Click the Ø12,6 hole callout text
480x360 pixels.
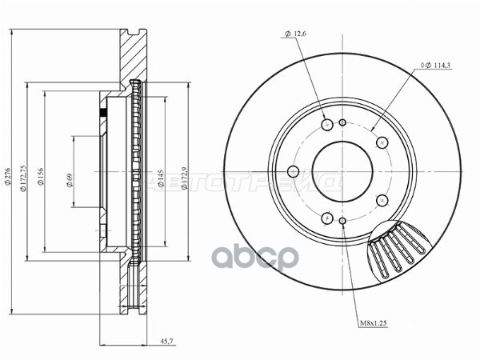[295, 34]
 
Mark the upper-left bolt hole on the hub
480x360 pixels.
[326, 126]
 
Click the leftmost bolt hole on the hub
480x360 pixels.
[292, 172]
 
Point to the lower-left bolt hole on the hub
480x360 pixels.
[326, 218]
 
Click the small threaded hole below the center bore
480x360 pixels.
[342, 222]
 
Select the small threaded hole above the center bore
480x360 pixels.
[342, 122]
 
